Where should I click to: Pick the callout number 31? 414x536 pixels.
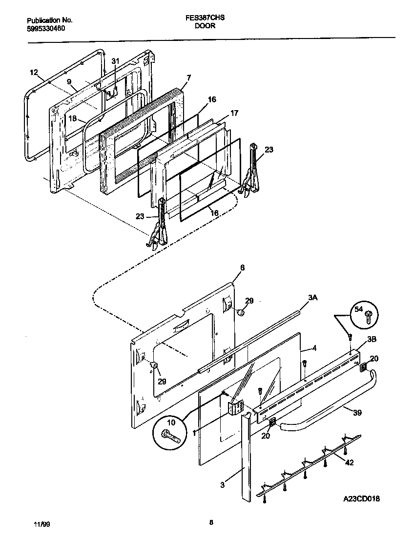point(115,61)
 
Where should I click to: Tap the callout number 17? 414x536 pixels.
point(234,113)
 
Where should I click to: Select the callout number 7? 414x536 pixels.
point(188,77)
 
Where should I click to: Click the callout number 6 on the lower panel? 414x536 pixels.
point(242,268)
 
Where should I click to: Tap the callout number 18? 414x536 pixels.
point(72,118)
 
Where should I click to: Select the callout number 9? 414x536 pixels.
point(69,81)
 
